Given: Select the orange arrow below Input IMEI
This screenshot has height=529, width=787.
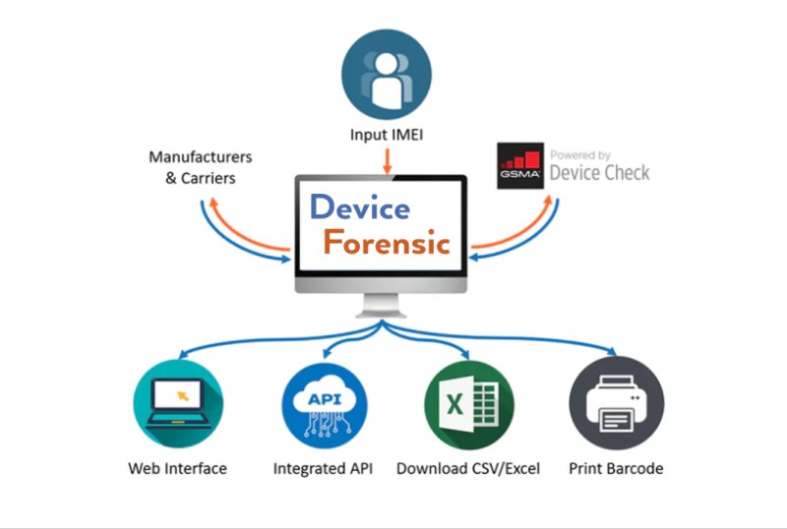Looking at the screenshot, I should point(387,160).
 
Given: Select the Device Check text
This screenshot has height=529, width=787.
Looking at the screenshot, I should point(599,173).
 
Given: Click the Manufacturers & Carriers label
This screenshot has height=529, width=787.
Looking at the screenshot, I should point(200,167).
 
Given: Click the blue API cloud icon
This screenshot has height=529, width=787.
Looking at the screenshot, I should point(326,403).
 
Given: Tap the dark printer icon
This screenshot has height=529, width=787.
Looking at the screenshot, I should point(617,403).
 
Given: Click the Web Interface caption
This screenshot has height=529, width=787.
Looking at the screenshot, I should point(178,468).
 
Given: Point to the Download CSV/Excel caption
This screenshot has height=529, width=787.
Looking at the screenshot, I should point(468,468).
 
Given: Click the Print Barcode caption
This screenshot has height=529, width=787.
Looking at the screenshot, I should point(616,468).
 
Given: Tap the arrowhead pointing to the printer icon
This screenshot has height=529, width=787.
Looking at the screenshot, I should point(614,353).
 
